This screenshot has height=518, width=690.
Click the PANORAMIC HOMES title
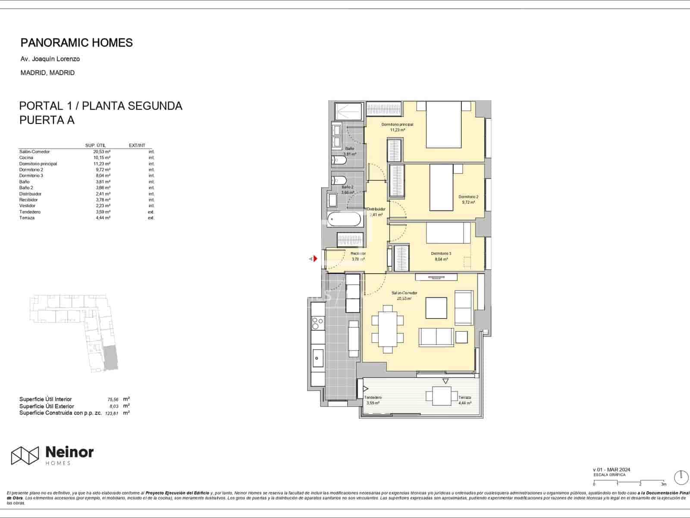point(76,43)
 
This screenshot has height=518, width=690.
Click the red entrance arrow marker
point(315,259)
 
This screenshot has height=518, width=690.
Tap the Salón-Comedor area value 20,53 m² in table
point(102,152)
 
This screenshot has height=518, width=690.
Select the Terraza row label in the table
point(27,218)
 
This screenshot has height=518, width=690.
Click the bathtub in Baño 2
point(344,220)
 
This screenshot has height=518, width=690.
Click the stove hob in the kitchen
point(318,323)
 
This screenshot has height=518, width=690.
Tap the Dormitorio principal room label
point(397,124)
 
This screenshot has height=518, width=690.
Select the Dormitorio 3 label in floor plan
point(441,254)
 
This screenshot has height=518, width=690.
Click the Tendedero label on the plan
point(373,398)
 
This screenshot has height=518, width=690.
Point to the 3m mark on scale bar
point(663,484)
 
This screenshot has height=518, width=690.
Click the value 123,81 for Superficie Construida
point(111,413)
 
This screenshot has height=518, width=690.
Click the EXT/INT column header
point(137,145)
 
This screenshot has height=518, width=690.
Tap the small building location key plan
point(74,333)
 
